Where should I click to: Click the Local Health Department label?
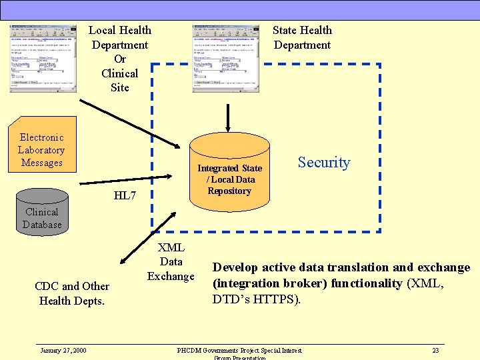tap(120, 59)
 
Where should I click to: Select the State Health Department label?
tap(302, 37)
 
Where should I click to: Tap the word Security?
tap(324, 163)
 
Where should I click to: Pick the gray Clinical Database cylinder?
tap(42, 210)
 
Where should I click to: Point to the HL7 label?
tap(125, 195)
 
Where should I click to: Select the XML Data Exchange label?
tap(171, 262)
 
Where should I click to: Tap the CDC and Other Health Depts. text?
tap(72, 293)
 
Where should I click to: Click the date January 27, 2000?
tap(63, 351)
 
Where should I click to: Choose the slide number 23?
tap(435, 351)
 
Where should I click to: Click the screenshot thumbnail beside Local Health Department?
tap(43, 59)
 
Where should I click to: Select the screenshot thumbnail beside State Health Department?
tap(226, 59)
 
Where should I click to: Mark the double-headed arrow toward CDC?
tap(149, 237)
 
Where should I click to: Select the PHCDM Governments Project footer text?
tap(239, 351)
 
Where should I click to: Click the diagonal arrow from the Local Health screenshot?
tap(130, 124)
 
